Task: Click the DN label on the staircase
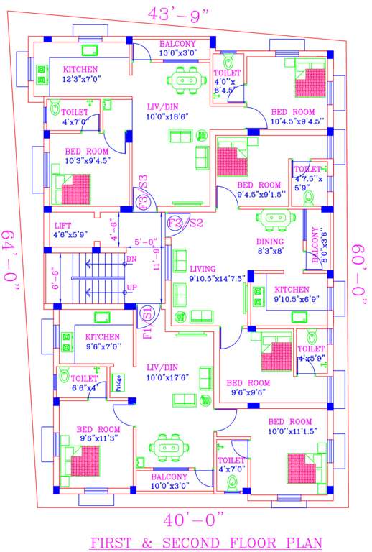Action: coord(131,259)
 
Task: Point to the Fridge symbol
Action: coord(121,382)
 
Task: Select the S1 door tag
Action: coord(146,314)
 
